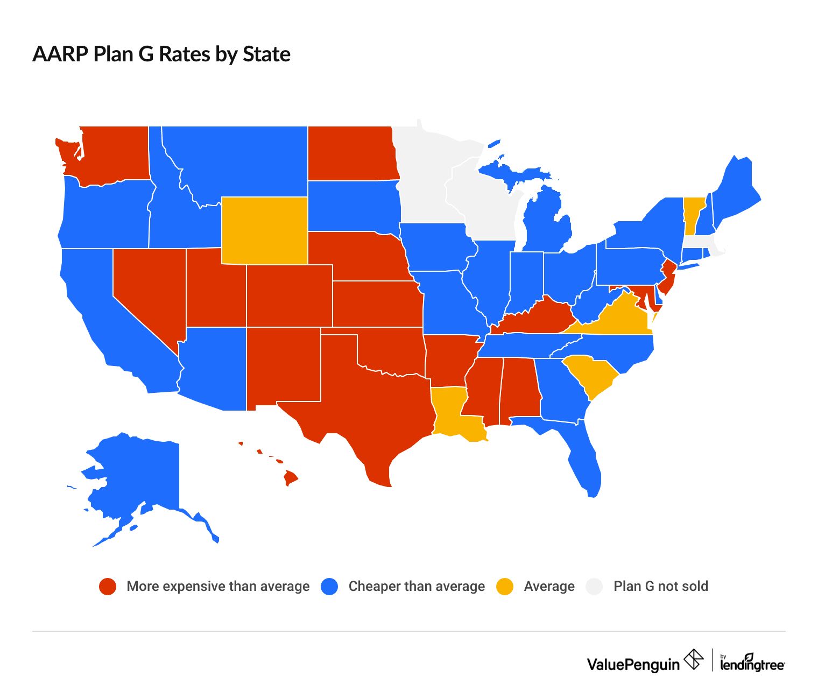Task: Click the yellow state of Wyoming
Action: tap(264, 230)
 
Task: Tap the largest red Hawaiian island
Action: tap(291, 477)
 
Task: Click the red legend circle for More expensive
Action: tap(108, 587)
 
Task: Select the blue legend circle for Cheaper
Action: tap(329, 587)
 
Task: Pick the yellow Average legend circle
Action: tap(505, 587)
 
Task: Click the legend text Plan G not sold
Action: tap(661, 586)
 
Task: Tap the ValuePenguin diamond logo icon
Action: tap(694, 659)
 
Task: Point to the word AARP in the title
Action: tap(60, 54)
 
